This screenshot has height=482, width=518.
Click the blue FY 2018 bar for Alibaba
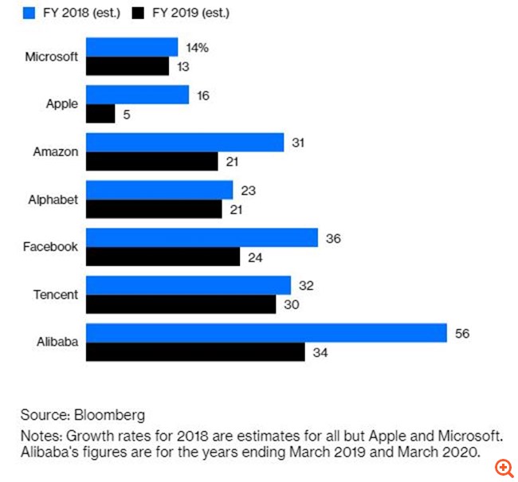[x=265, y=332]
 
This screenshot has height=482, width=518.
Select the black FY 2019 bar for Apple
[x=100, y=114]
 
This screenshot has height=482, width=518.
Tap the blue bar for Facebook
[x=202, y=237]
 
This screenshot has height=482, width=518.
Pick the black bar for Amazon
[x=151, y=162]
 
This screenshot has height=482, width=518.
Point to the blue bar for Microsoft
[x=131, y=47]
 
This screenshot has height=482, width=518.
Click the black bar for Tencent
[x=181, y=304]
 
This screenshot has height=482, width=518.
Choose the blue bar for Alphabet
[x=159, y=190]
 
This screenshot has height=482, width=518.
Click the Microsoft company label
[x=52, y=57]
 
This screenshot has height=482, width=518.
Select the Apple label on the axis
[x=61, y=104]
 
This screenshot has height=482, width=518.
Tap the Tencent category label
[x=56, y=295]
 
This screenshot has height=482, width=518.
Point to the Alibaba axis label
[x=57, y=342]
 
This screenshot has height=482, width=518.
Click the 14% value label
[x=197, y=48]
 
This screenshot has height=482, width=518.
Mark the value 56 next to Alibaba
[x=462, y=333]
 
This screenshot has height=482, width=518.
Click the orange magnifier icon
[x=504, y=468]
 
